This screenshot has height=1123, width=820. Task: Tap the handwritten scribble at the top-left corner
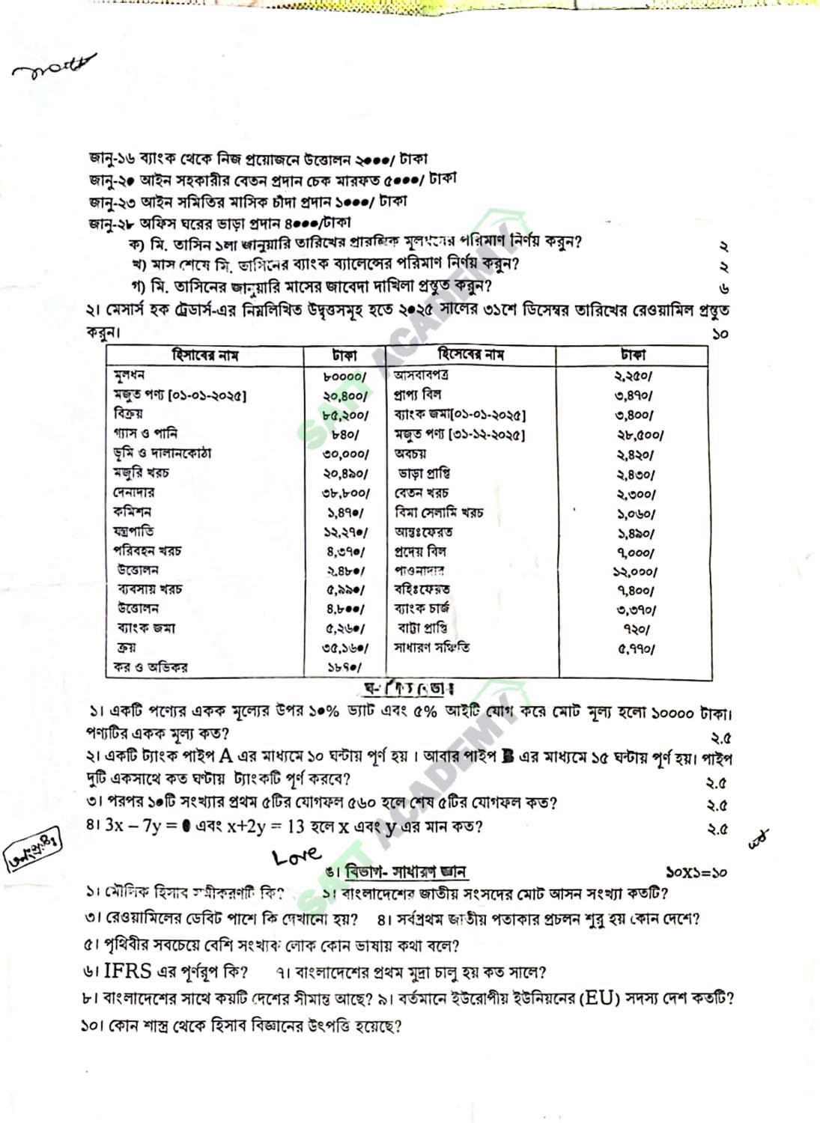54,67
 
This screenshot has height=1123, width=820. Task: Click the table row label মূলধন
129,375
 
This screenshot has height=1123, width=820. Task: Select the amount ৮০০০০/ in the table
345,376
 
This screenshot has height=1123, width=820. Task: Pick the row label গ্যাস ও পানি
145,433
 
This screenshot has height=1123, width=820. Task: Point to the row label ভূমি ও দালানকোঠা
162,453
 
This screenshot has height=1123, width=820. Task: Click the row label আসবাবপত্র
421,374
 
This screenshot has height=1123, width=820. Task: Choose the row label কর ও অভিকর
151,667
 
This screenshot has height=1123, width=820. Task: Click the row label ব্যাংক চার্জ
422,609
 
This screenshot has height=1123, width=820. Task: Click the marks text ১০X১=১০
696,872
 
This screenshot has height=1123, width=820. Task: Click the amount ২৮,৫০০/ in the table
639,435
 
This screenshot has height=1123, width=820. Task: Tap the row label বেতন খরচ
421,493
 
